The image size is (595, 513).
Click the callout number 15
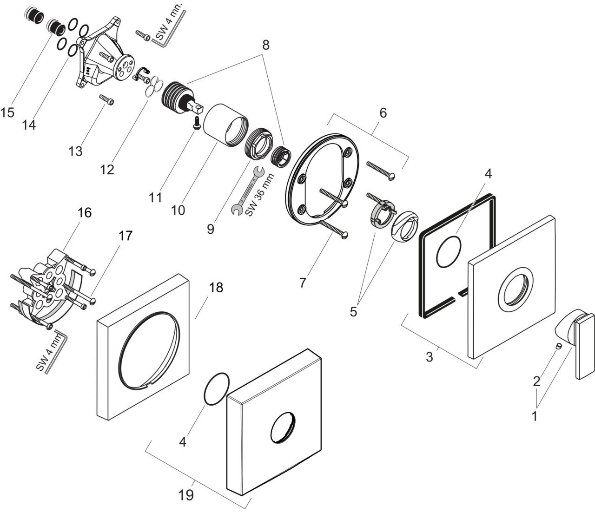7,112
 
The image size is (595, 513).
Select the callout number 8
266,45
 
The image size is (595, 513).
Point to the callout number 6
383,113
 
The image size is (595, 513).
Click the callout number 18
216,287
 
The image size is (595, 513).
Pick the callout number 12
107,170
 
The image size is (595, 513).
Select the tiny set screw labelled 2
558,346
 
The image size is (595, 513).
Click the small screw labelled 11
197,123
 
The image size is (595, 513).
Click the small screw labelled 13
106,99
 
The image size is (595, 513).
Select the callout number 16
84,213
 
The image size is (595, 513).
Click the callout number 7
302,283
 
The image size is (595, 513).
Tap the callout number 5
353,311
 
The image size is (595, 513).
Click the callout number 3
429,357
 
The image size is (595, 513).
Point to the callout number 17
125,236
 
